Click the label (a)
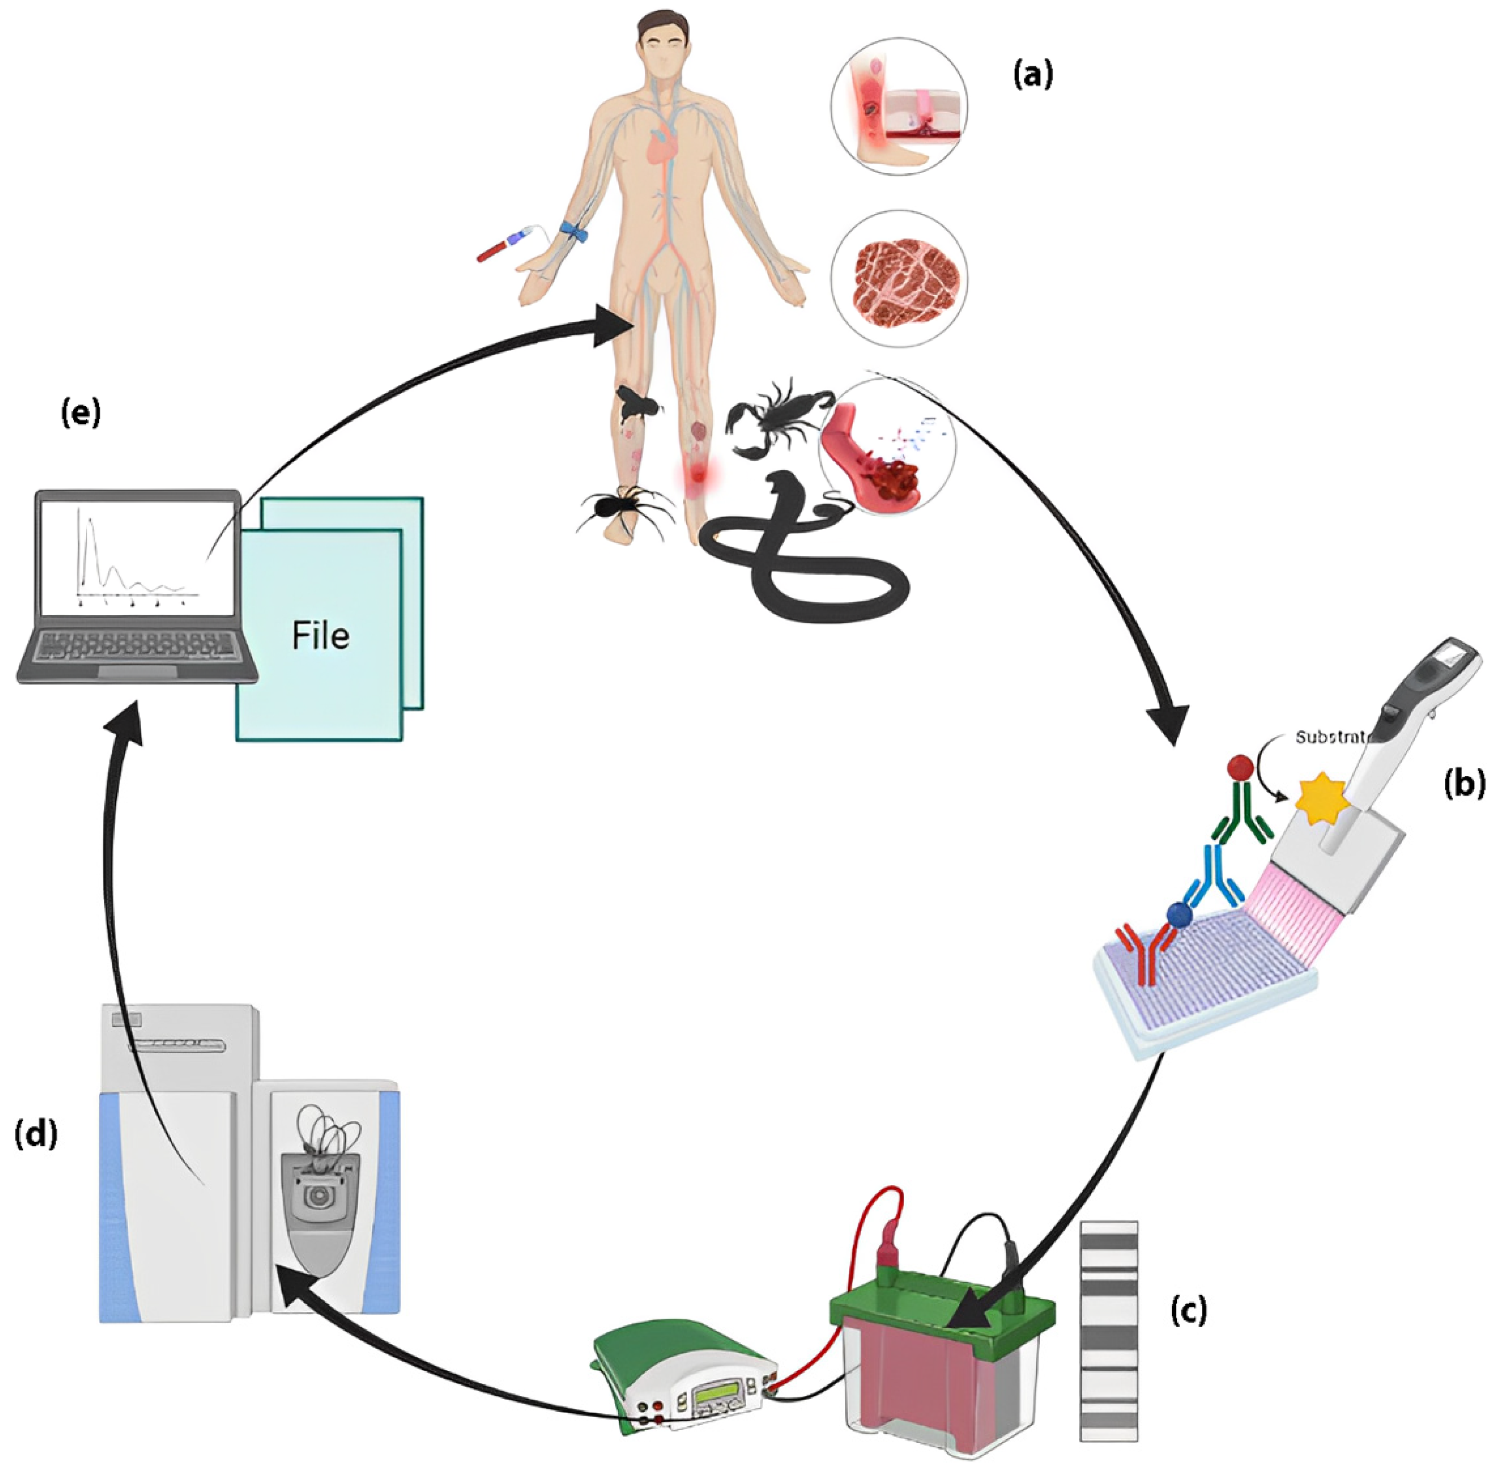coord(1033,75)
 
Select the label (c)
coord(1187,1310)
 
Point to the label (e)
coord(81,413)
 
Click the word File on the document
coord(320,635)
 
